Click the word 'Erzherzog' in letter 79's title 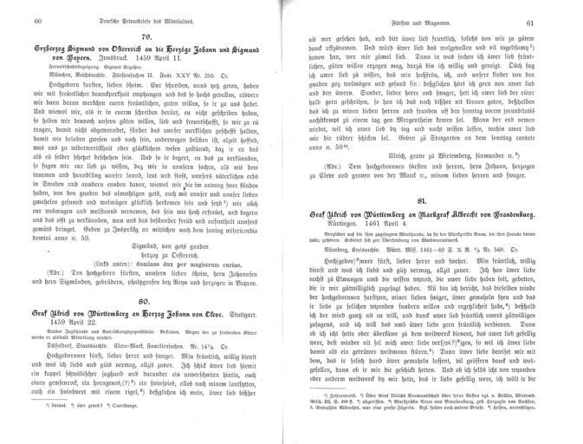coord(55,50)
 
